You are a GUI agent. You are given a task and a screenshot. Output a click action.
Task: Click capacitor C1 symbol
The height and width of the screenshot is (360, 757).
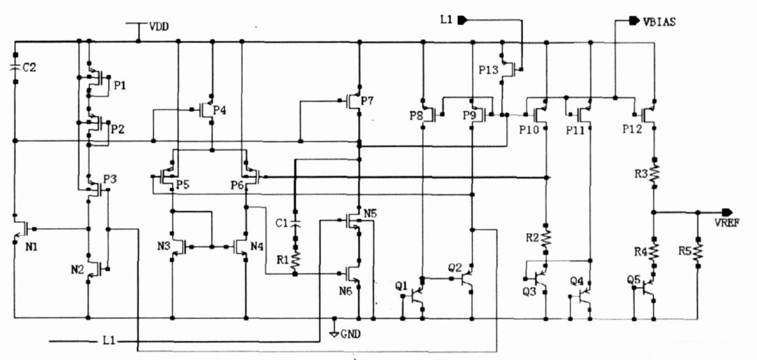point(295,223)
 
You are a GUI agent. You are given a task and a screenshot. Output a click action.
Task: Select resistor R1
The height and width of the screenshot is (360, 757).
point(295,259)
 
